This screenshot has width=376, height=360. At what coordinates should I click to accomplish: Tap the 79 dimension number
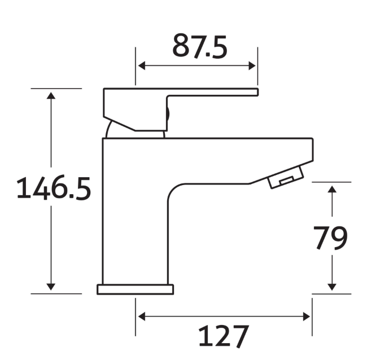coord(331,239)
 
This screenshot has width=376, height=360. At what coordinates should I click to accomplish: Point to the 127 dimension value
coord(223,337)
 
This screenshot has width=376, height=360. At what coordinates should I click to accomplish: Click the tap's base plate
coord(135,289)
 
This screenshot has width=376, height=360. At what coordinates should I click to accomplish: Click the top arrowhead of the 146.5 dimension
coord(51,94)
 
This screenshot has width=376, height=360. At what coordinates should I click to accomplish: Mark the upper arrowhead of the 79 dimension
coord(332,188)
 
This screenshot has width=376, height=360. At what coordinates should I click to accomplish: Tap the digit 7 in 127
coord(239,337)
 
